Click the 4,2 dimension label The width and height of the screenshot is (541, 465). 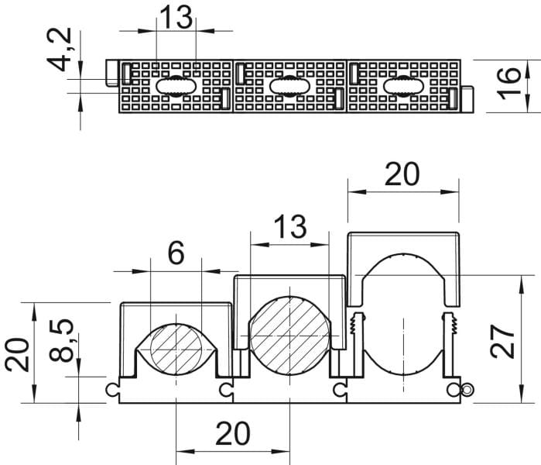tap(60, 49)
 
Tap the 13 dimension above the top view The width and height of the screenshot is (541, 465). tap(176, 17)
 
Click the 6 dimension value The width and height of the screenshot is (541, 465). tap(176, 253)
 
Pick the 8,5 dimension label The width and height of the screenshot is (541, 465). tap(61, 340)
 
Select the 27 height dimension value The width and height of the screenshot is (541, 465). tap(502, 342)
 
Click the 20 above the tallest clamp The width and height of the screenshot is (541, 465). tap(402, 174)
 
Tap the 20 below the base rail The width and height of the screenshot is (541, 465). tap(233, 433)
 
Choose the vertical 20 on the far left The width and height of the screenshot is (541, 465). tap(17, 355)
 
